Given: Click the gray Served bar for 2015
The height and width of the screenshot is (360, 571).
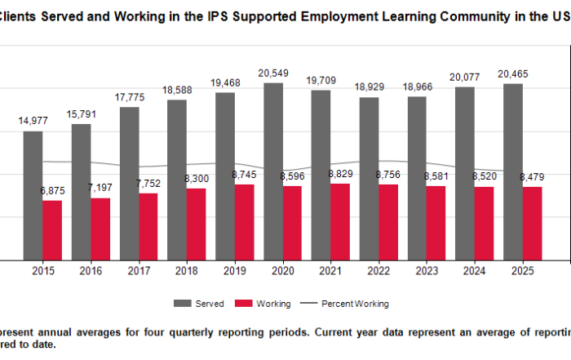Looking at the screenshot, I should (33, 196).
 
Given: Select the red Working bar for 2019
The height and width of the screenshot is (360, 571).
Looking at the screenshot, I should (244, 222).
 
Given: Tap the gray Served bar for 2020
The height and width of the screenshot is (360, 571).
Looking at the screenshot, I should (273, 171).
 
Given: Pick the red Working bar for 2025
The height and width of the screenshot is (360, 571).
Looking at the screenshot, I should (532, 224).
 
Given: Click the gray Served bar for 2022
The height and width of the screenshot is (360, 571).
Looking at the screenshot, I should (369, 179).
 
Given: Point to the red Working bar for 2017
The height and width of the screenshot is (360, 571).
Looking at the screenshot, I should (148, 227).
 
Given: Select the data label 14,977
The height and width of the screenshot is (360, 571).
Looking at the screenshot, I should (33, 121).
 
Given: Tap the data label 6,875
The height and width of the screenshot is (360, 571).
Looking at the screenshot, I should (52, 190).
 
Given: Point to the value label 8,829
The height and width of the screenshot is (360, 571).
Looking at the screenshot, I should (340, 174).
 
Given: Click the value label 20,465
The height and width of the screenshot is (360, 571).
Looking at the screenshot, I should (513, 74).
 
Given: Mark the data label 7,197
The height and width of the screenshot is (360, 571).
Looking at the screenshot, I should (100, 188).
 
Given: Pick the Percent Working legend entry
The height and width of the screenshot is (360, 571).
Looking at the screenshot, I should (354, 304).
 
